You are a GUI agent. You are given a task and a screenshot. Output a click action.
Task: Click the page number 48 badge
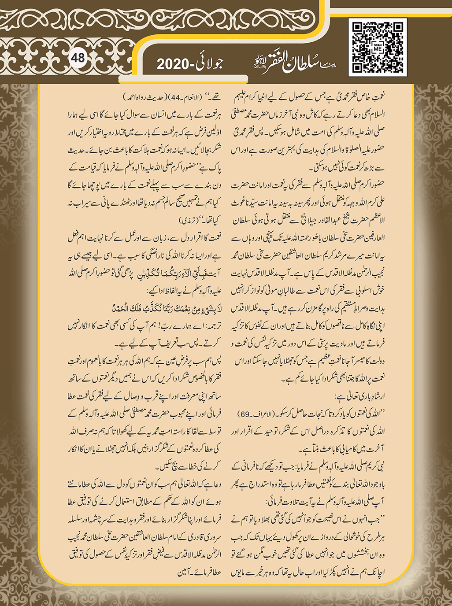tap(78, 58)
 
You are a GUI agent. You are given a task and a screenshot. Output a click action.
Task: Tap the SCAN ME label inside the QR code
tap(378, 48)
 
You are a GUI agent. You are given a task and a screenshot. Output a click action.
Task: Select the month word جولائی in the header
tap(208, 64)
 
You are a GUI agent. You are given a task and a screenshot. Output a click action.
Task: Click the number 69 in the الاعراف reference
tap(244, 414)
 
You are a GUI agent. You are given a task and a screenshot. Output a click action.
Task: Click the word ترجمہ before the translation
tap(210, 326)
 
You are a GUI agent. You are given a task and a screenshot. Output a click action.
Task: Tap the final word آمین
tap(186, 572)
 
